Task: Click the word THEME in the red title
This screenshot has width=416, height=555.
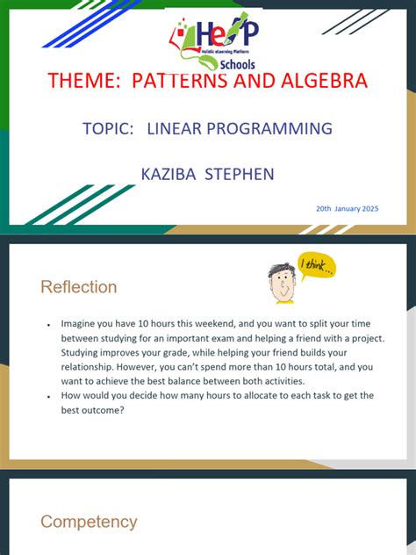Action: point(84,82)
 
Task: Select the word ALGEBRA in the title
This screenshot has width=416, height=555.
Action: point(313,82)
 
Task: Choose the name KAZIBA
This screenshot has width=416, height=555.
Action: point(169,174)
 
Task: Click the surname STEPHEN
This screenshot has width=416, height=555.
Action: point(240,174)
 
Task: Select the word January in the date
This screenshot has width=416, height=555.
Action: point(346,208)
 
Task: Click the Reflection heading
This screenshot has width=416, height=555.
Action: point(78,287)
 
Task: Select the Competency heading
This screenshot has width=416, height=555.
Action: point(89,522)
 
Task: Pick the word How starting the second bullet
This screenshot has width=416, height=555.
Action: point(71,396)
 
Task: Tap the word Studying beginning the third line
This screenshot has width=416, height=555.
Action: point(83,352)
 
